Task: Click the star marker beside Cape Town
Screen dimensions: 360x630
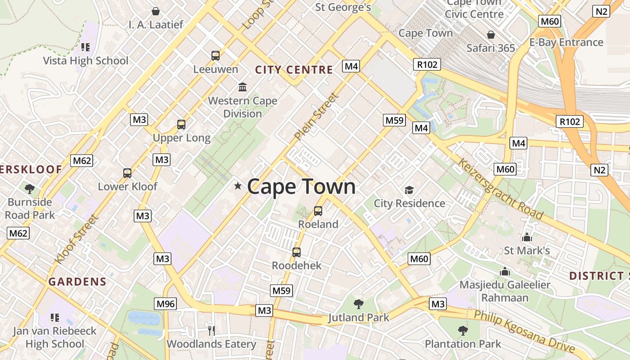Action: point(238,186)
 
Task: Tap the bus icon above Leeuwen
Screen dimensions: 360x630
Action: point(216,56)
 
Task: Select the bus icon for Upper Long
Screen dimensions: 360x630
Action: point(181,125)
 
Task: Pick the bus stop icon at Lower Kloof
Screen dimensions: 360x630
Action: point(127,173)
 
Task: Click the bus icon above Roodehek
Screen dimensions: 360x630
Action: point(296,252)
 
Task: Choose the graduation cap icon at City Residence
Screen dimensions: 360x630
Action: point(409,190)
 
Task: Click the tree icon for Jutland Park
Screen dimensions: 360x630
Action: point(358,304)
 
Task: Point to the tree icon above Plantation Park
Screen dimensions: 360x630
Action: point(463,331)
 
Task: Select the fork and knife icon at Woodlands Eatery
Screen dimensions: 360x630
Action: point(211,331)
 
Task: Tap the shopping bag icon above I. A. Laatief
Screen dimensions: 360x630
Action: point(156,11)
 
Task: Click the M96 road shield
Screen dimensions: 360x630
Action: point(165,304)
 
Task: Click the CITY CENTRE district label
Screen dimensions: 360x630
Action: point(294,70)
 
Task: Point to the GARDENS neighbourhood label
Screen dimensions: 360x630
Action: point(77,282)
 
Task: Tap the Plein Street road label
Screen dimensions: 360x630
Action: point(316,116)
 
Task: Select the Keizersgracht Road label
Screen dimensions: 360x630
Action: point(500,189)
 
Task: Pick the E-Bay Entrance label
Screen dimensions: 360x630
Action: point(566,42)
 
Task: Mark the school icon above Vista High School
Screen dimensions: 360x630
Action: point(85,47)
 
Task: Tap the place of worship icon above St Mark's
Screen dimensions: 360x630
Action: point(526,237)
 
